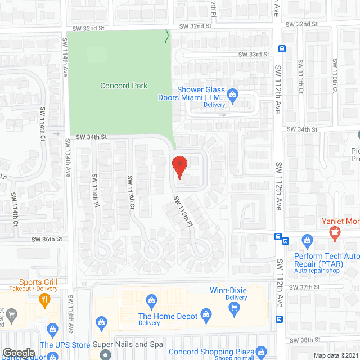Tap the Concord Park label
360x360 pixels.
[x=124, y=86]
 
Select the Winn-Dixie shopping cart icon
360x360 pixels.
[x=235, y=307]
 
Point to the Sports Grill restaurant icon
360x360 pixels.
[x=44, y=300]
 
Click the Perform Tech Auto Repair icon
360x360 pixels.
[x=308, y=242]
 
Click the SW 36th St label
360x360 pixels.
[x=47, y=239]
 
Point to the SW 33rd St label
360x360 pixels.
[x=251, y=54]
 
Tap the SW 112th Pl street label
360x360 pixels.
[x=183, y=211]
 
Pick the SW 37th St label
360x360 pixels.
[x=300, y=287]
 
